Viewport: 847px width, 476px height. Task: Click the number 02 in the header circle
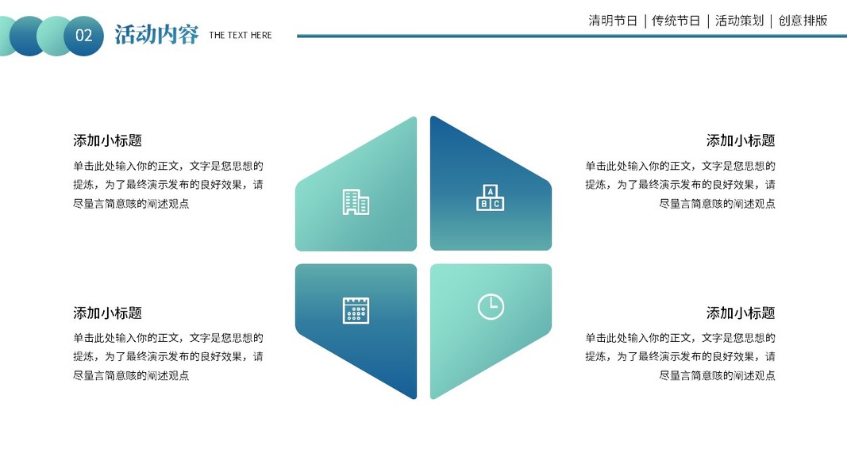[x=83, y=36]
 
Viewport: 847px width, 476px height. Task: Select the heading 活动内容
[x=156, y=35]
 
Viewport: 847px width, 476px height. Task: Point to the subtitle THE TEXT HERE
[x=240, y=35]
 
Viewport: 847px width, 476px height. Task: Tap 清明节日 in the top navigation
[x=613, y=21]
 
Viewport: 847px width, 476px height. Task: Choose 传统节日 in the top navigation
[x=676, y=21]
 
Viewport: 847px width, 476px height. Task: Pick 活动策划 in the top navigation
[x=739, y=21]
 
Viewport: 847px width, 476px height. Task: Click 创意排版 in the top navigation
[x=803, y=21]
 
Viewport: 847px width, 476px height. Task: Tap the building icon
[x=356, y=202]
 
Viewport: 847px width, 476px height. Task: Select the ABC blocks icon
[x=490, y=198]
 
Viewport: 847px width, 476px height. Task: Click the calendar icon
[x=356, y=310]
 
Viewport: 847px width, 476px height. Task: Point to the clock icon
[x=491, y=306]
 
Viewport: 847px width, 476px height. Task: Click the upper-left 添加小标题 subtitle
[x=107, y=140]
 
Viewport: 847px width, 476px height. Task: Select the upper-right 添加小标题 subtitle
[x=741, y=140]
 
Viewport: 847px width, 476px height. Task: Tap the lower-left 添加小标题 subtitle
[x=107, y=313]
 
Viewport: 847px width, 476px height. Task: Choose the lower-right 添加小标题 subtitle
[x=741, y=313]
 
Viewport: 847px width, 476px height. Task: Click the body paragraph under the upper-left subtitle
[x=168, y=185]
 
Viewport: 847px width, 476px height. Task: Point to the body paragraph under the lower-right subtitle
[x=680, y=357]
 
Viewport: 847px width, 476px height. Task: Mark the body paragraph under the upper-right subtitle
[x=680, y=185]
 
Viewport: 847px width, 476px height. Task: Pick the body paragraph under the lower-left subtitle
[x=168, y=357]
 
